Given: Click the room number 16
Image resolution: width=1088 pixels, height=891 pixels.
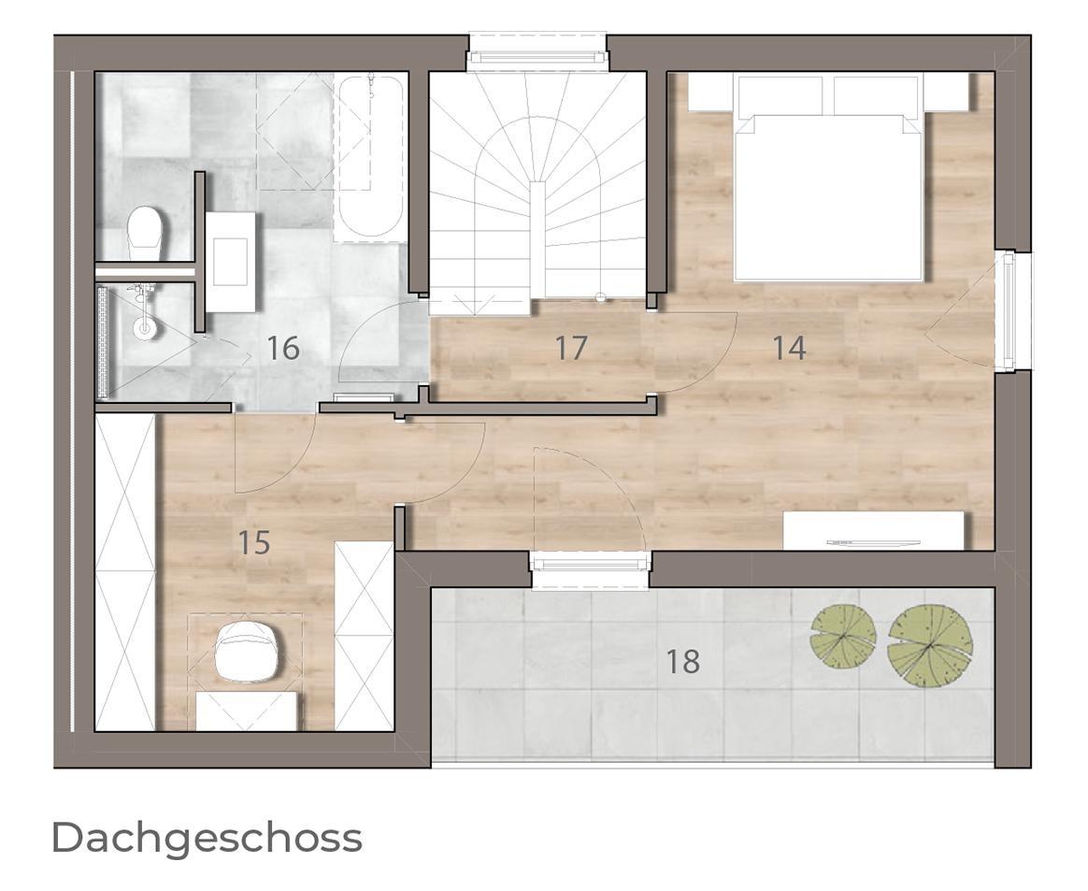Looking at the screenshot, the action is tap(283, 348).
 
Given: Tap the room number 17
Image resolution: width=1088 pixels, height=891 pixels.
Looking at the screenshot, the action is tap(571, 348).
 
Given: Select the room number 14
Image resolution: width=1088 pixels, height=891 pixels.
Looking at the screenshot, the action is tap(790, 348).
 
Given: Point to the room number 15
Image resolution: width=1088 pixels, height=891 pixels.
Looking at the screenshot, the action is tap(254, 542).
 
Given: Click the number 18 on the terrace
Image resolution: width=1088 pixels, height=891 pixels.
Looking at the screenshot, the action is tap(682, 661).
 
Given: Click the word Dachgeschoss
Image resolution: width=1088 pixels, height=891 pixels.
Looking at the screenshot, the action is tap(207, 840).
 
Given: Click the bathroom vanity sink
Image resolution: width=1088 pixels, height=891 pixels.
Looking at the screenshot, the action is tap(230, 263).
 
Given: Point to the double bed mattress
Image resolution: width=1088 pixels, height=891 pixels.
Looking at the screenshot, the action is tap(828, 198).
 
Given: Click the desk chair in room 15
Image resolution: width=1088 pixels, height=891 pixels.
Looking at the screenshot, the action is tap(248, 650).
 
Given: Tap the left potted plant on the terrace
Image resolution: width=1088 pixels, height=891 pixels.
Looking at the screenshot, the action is tap(843, 637).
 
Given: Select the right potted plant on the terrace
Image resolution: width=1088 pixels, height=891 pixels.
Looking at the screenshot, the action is tap(930, 647).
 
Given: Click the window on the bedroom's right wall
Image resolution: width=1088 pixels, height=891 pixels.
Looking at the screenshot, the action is tap(1011, 311).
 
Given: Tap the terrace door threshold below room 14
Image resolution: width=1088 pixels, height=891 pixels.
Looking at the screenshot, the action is tap(590, 569).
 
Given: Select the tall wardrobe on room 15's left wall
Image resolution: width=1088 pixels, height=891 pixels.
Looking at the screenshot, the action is tap(125, 571).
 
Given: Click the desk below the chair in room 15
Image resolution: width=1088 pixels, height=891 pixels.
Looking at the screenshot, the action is tap(249, 711).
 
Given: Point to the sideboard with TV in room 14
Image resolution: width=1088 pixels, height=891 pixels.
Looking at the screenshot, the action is tap(874, 531).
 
